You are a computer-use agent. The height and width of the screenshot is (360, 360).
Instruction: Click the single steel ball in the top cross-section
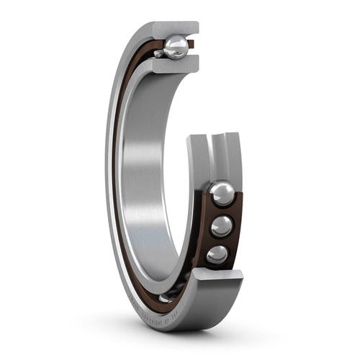point(176,48)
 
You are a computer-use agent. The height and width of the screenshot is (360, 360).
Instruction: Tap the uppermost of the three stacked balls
point(221,193)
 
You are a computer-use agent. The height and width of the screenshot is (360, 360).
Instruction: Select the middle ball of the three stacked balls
point(221,226)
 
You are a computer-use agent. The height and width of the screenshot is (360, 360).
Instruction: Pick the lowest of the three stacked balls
point(217,254)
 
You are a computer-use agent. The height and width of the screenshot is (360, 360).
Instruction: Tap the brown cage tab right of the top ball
point(192,45)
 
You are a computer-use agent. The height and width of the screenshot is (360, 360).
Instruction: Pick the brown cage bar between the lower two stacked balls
point(220,241)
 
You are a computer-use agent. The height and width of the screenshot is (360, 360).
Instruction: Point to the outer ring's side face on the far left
point(109,180)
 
